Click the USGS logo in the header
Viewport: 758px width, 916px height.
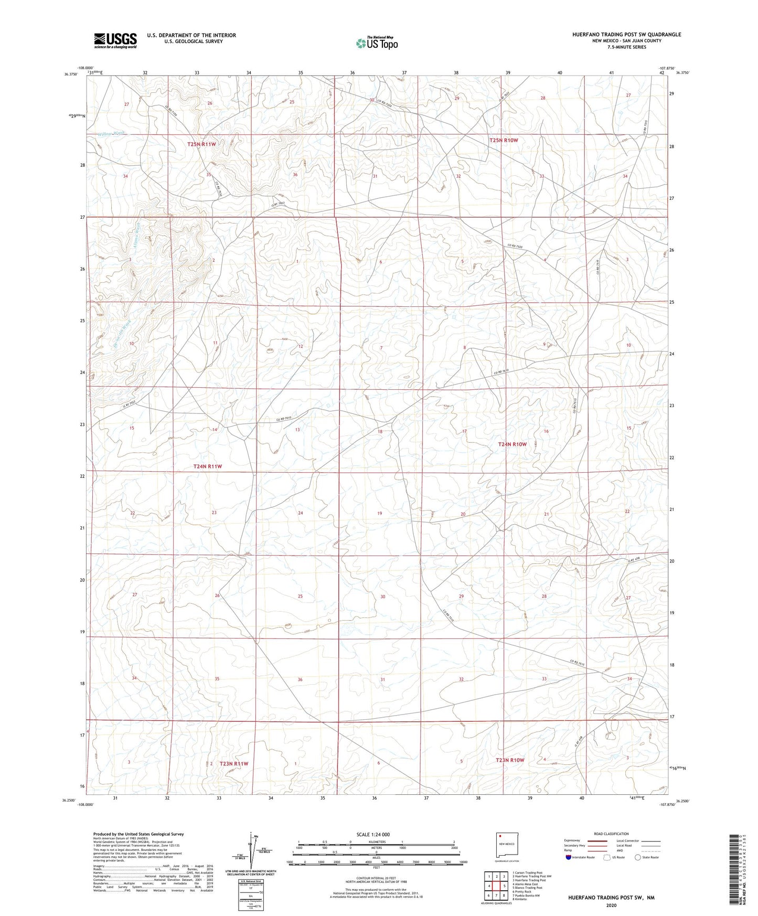pos(115,40)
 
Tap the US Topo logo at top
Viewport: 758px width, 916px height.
pos(376,43)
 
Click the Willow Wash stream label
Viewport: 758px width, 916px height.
pos(113,134)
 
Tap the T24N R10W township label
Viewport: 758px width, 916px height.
pos(512,444)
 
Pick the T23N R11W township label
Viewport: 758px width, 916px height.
pos(234,763)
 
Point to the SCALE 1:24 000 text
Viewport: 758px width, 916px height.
pos(373,834)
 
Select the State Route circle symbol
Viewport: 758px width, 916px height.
pos(637,858)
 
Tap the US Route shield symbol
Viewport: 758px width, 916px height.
pos(607,858)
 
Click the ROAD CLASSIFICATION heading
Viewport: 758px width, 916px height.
pos(611,834)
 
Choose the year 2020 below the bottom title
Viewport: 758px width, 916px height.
pos(611,905)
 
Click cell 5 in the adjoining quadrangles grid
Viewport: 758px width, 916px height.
pos(504,886)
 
